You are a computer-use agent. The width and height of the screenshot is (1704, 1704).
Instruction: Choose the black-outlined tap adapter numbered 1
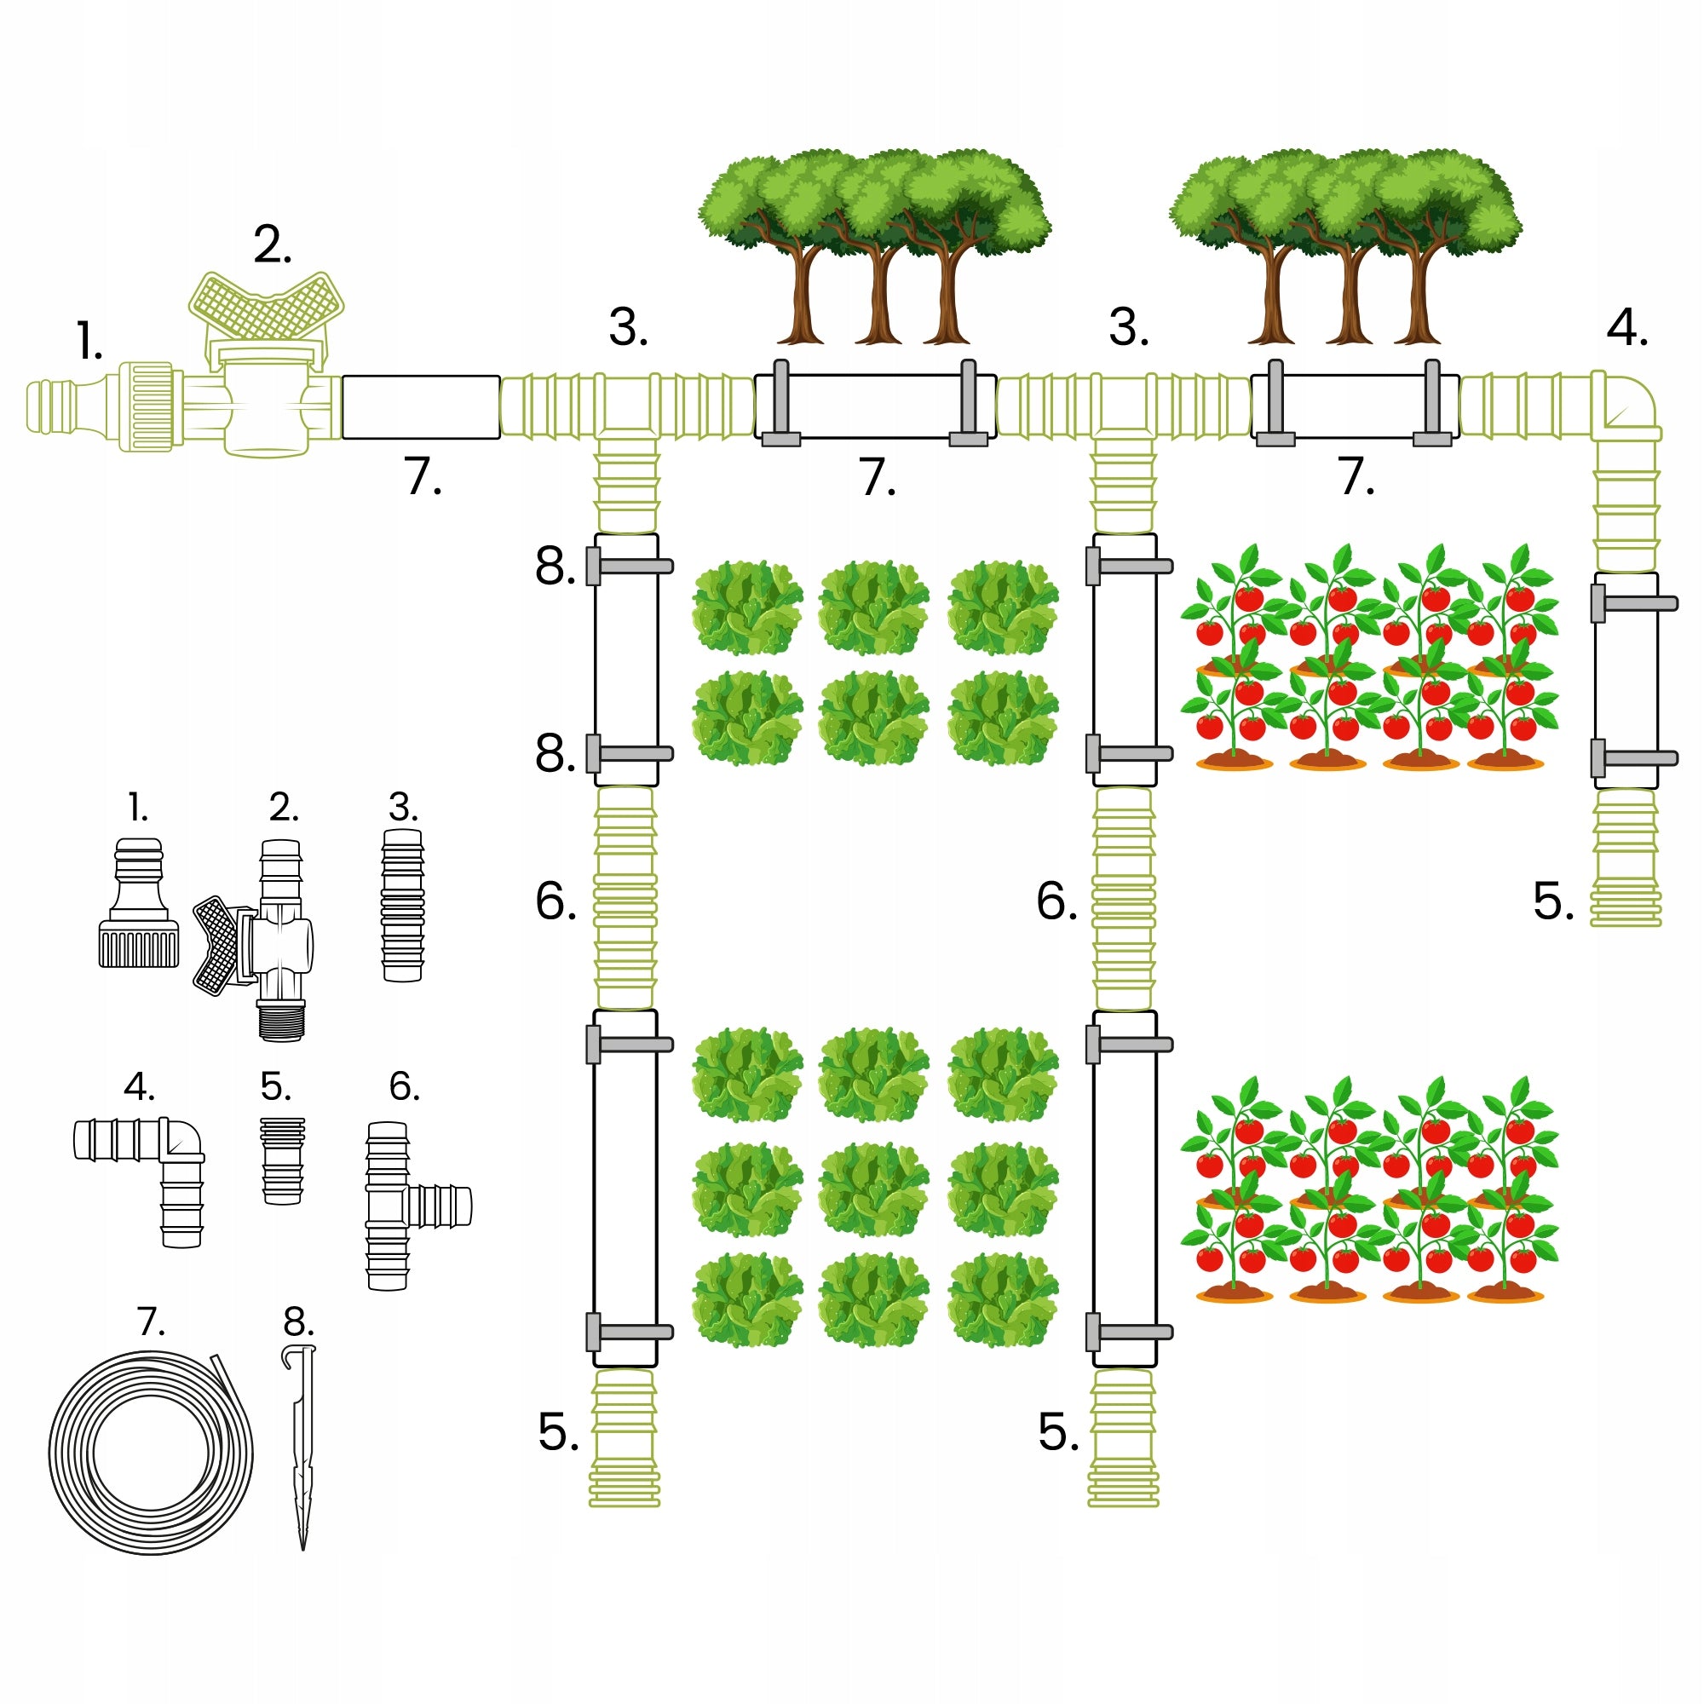coord(140,903)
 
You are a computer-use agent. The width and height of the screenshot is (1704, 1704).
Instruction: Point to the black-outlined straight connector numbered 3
coord(403,905)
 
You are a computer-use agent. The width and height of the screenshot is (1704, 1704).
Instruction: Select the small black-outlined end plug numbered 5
coord(283,1160)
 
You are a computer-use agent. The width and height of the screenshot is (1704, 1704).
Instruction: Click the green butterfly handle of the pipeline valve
coord(267,307)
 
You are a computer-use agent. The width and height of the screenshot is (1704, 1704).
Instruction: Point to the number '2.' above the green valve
coord(273,246)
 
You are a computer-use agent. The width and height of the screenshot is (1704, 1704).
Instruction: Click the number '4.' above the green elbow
coord(1627,328)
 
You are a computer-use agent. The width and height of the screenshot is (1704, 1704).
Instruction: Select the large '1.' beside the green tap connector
coord(89,342)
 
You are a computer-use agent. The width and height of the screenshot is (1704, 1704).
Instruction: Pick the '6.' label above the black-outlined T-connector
coord(404,1086)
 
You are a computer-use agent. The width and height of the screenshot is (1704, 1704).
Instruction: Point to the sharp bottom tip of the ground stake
coord(302,1550)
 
